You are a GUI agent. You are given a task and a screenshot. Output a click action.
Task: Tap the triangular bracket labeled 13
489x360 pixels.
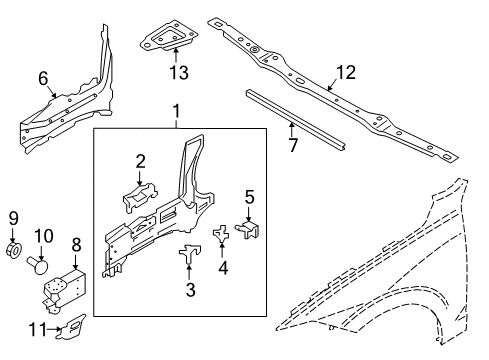pos(167,39)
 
